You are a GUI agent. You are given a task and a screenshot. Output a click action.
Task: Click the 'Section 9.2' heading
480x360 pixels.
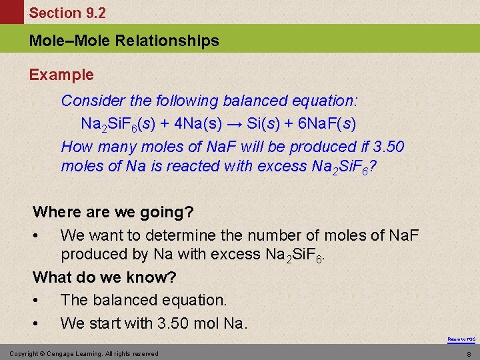[67, 13]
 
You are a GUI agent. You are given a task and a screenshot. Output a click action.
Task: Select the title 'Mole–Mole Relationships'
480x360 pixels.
[124, 41]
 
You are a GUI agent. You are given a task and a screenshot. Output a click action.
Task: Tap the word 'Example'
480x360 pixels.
[61, 75]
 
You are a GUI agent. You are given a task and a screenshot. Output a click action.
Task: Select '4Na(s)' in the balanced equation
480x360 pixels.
[197, 123]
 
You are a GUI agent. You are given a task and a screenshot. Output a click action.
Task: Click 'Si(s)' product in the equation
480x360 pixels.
[262, 123]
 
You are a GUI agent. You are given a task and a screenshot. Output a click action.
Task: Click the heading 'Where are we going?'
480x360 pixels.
[113, 212]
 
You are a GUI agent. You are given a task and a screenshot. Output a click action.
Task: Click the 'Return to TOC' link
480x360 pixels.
[461, 339]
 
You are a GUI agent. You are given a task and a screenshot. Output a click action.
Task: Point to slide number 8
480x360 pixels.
[469, 354]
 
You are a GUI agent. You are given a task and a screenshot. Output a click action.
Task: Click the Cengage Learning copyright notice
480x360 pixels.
[83, 353]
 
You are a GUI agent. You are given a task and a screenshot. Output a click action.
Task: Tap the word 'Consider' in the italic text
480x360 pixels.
[93, 101]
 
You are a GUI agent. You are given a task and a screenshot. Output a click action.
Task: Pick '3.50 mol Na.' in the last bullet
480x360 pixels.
[203, 323]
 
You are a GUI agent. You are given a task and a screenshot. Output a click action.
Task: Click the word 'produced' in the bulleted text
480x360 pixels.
[94, 254]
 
